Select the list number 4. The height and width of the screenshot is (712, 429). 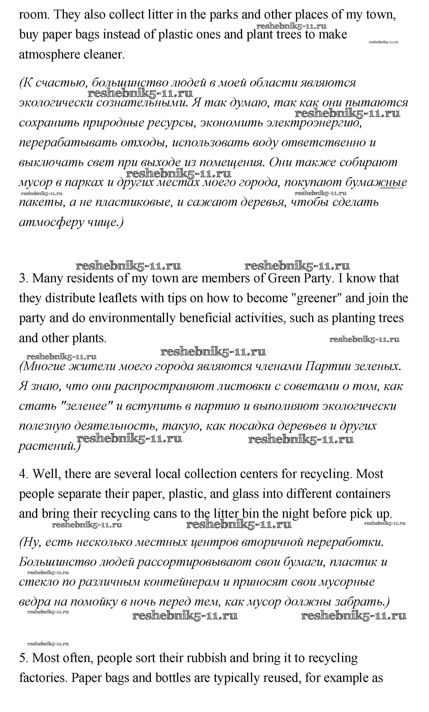point(23,474)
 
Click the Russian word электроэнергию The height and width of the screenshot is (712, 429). point(313,123)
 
